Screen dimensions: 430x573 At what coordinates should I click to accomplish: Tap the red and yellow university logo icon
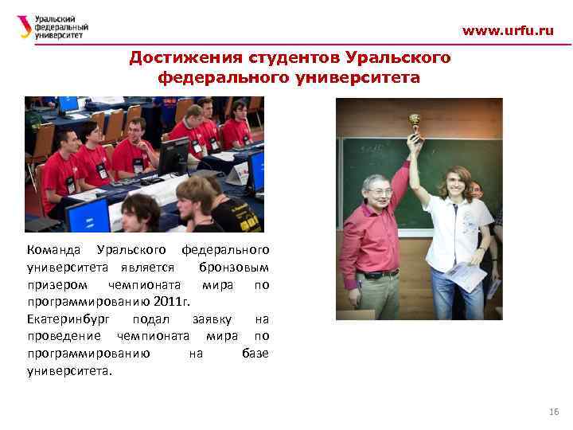coord(25,27)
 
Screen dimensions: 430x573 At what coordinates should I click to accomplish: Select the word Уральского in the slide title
coord(398,58)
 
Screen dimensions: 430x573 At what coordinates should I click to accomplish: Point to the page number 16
coord(554,411)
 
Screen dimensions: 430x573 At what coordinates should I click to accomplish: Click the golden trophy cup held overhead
coord(414,123)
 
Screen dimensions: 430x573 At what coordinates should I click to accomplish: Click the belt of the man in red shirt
coord(381,274)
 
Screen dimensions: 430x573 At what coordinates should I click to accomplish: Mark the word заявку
coord(211,319)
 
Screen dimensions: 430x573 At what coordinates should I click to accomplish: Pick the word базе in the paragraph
coord(255,354)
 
